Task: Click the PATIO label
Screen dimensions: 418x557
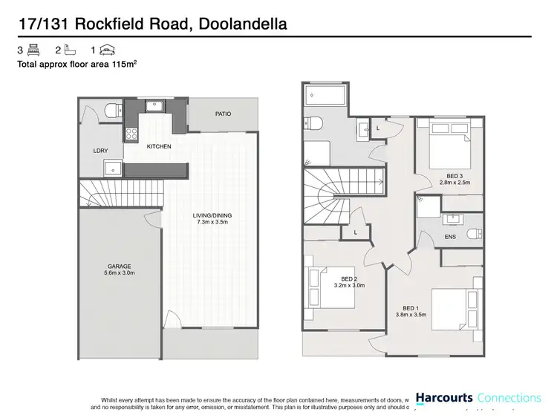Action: click(x=224, y=114)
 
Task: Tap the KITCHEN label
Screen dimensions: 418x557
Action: click(x=159, y=146)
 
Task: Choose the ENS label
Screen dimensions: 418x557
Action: click(x=450, y=237)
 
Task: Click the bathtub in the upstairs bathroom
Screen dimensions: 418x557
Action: click(x=324, y=96)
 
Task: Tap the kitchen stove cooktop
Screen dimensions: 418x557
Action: click(x=132, y=134)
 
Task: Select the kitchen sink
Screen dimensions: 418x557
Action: click(x=155, y=105)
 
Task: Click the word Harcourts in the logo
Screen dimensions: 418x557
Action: click(x=443, y=398)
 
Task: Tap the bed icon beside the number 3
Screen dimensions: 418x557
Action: click(x=33, y=50)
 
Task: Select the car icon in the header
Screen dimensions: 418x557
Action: click(x=108, y=50)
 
